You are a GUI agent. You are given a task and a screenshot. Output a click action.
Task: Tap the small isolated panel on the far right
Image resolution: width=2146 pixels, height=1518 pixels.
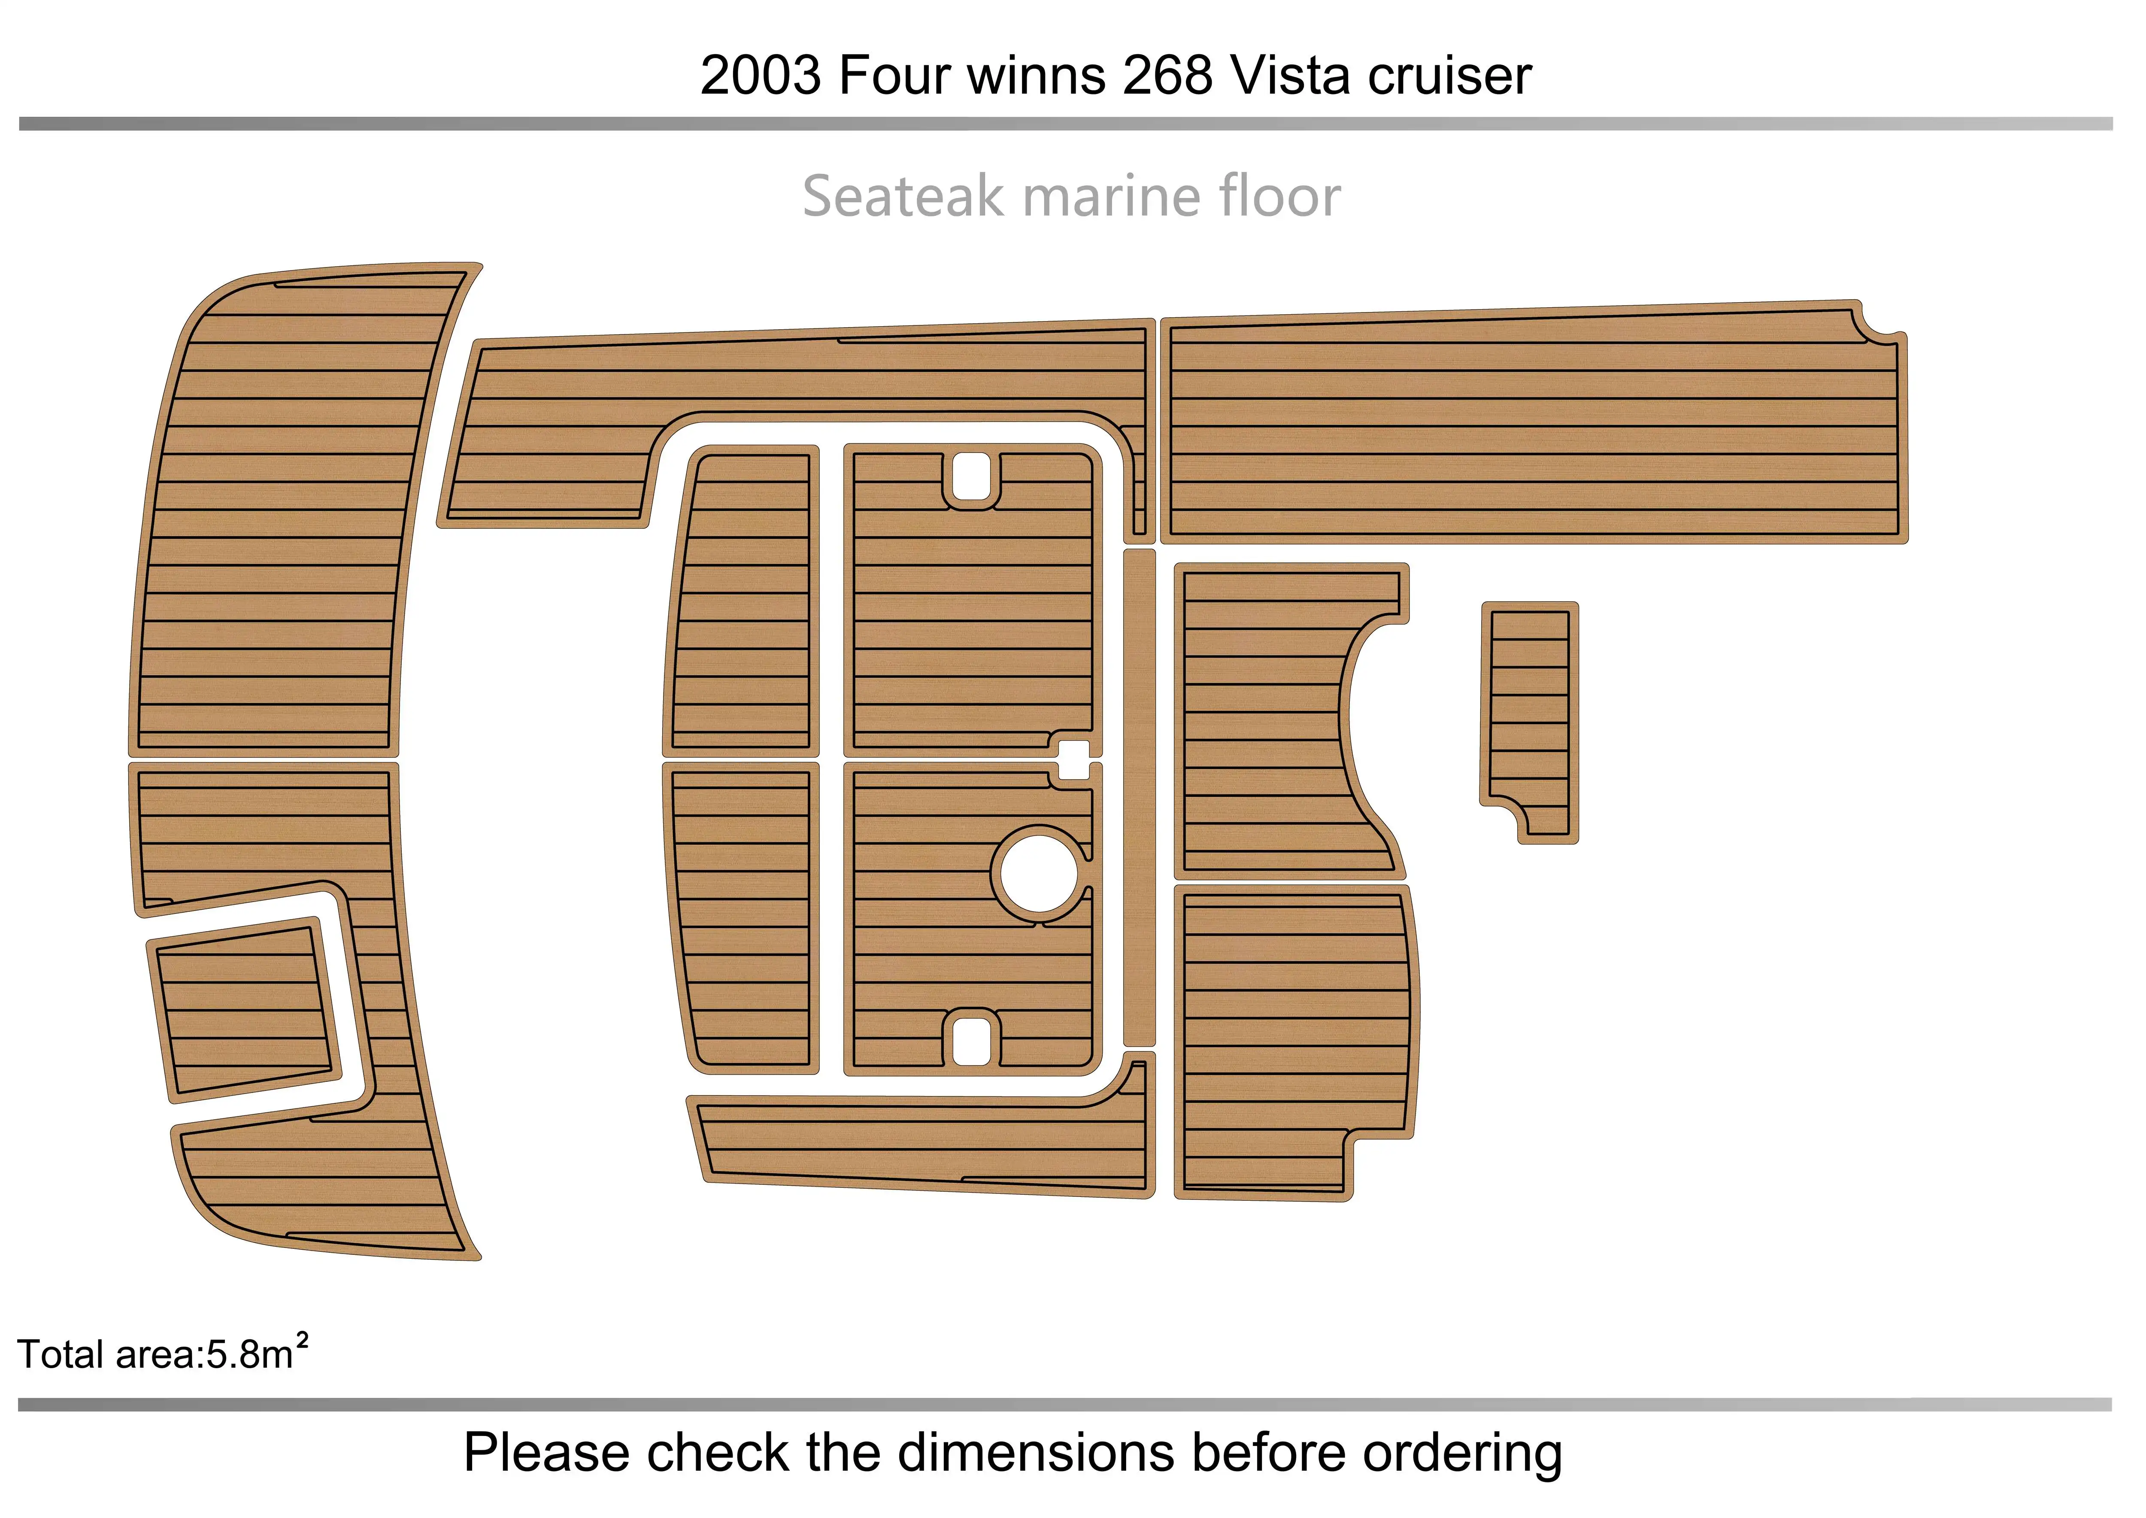pyautogui.click(x=1529, y=722)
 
